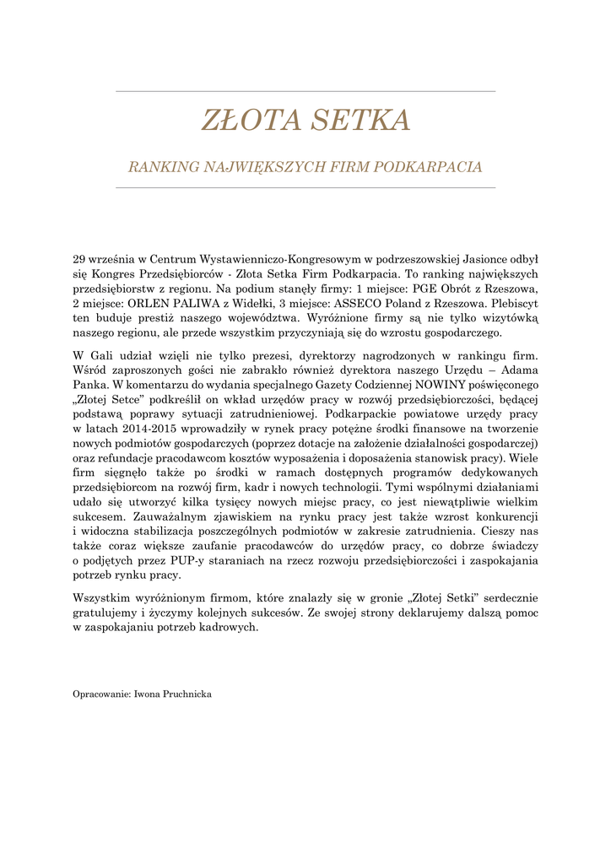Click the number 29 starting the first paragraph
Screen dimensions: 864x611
click(x=80, y=260)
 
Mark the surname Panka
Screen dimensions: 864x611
click(x=89, y=386)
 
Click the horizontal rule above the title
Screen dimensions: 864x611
click(x=305, y=90)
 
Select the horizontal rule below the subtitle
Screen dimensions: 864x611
click(x=305, y=188)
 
